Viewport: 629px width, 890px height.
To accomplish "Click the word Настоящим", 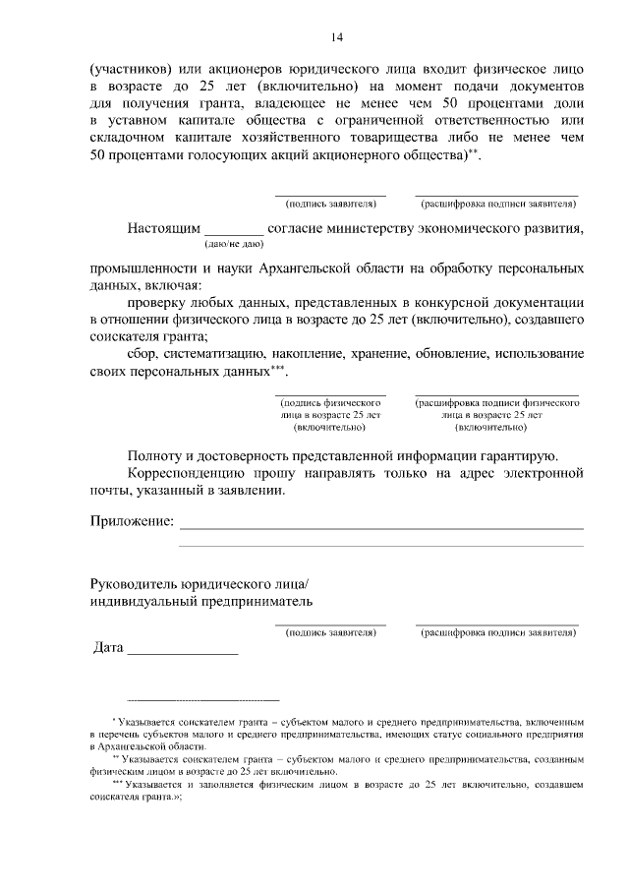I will click(163, 229).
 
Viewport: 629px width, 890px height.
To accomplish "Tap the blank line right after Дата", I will click(183, 651).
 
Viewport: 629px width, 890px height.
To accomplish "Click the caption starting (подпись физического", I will click(330, 416).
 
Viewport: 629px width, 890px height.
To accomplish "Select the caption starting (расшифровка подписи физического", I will click(496, 416).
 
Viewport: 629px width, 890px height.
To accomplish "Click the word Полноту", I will click(155, 455).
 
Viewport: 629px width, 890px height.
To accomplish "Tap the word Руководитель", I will click(135, 582).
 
